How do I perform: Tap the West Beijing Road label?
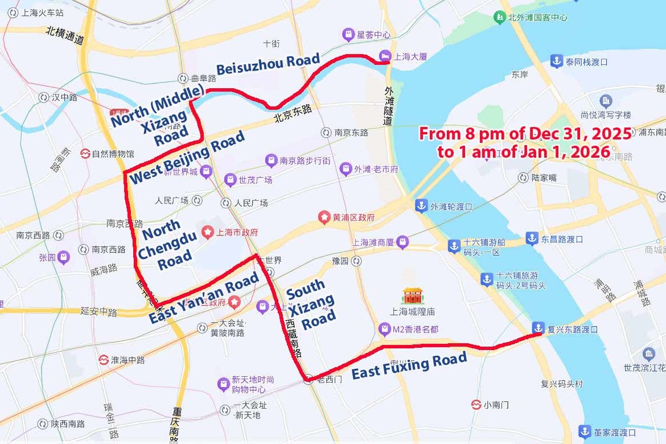coord(188,157)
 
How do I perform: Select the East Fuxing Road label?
coord(409,365)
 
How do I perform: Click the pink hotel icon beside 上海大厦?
coord(384,56)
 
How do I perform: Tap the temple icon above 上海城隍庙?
coord(412,295)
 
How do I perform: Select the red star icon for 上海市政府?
coord(206,232)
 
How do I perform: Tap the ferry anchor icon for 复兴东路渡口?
coord(537,328)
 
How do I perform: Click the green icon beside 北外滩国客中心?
coord(499,17)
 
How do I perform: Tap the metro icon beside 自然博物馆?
coord(85,154)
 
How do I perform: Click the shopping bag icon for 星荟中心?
coord(348,35)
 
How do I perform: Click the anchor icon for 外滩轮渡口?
coord(421,206)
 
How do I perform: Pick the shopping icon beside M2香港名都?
coord(385,329)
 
